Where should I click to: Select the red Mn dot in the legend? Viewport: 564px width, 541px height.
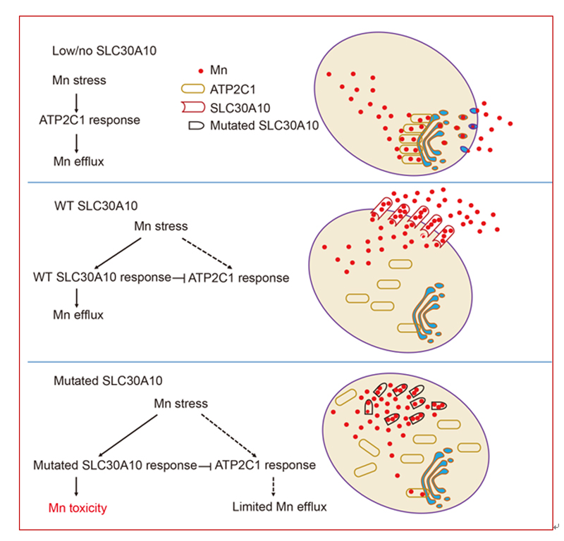pos(201,71)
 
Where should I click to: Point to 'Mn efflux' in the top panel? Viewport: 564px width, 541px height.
pos(79,161)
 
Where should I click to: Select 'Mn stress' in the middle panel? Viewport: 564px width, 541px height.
pos(161,227)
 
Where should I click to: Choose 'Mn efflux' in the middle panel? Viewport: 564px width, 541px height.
pos(79,315)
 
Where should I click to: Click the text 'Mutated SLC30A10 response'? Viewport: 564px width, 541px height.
pos(115,466)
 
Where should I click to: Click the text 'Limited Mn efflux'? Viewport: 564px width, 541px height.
pos(279,506)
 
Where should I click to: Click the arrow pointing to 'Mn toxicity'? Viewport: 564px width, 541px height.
pos(76,486)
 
